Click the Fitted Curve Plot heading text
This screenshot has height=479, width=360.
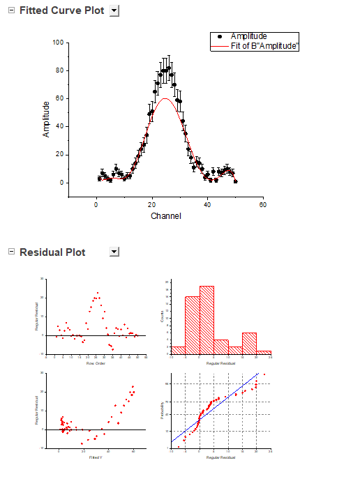click(x=61, y=11)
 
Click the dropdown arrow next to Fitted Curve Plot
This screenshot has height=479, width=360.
click(x=115, y=11)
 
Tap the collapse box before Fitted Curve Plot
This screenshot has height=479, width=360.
click(x=10, y=10)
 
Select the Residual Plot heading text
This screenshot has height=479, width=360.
click(x=52, y=252)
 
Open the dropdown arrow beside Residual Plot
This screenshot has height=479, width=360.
click(x=115, y=252)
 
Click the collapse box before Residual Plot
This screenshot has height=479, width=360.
click(x=10, y=251)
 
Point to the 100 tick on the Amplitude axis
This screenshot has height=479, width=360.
click(x=59, y=43)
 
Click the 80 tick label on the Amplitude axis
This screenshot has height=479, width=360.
click(x=60, y=70)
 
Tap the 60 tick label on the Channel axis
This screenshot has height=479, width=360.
click(x=262, y=205)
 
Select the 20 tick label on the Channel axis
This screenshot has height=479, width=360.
click(x=151, y=205)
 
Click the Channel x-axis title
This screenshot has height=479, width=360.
click(x=165, y=216)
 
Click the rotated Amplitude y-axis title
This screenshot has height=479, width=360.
click(x=46, y=119)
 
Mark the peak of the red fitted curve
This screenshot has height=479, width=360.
click(x=165, y=98)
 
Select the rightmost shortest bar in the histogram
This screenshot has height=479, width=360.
click(x=264, y=353)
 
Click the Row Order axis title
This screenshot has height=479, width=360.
click(x=95, y=363)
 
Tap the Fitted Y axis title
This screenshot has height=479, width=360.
click(x=96, y=457)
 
